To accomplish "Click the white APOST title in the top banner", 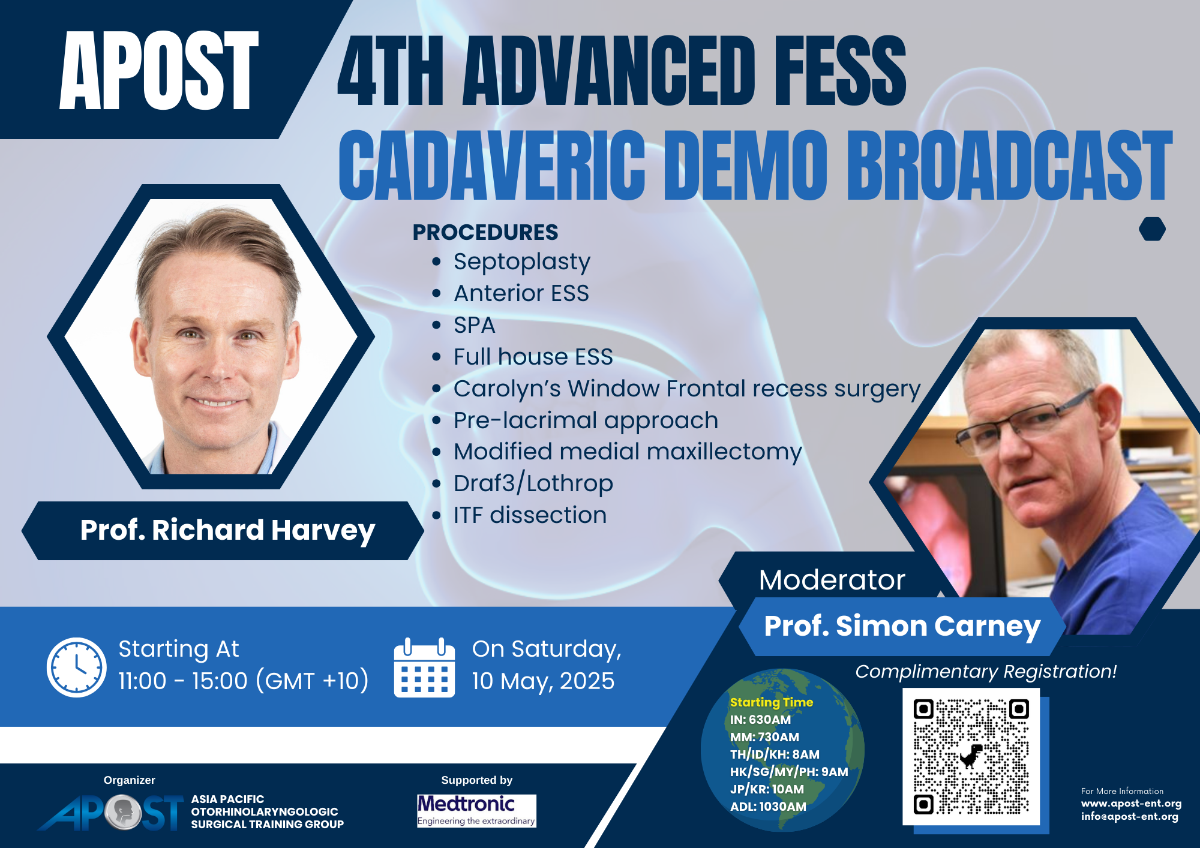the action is tap(159, 71).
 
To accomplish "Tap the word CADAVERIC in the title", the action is tap(492, 165).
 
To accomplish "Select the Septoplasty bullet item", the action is tap(521, 262).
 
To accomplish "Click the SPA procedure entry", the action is tap(474, 325).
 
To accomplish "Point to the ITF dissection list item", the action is tap(530, 515).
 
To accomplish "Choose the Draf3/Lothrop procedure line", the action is tap(533, 483).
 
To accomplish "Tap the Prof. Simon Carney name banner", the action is tap(902, 626).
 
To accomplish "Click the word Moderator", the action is tap(832, 580).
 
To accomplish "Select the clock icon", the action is tap(77, 667).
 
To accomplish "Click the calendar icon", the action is tap(424, 667).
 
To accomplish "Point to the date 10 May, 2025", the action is tap(543, 681).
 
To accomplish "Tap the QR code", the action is tap(971, 757).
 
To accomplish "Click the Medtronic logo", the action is tap(476, 810).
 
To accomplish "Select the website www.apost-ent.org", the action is tap(1131, 804).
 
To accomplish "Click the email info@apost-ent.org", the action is tap(1130, 817).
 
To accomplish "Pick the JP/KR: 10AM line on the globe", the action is tap(767, 789).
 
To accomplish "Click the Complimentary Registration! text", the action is tap(986, 672).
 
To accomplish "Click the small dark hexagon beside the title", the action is tap(1152, 229).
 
